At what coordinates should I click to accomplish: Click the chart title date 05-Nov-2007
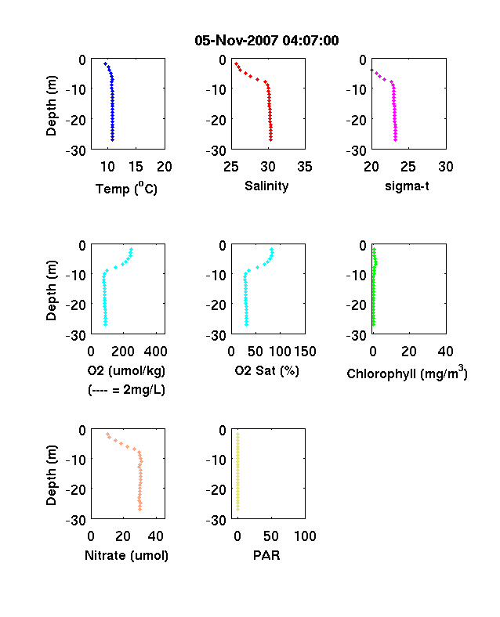237,40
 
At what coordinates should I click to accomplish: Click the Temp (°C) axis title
126,189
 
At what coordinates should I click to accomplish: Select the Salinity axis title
266,186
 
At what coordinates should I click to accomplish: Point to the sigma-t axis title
407,186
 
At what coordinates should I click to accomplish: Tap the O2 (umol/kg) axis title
126,370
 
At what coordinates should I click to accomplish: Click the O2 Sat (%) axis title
267,370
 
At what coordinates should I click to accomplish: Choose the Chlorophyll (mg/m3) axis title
407,373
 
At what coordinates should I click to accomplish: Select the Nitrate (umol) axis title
126,555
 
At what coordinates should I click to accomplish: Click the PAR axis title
266,555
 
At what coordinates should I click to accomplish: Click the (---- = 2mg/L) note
126,390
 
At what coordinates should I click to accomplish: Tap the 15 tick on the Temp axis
136,167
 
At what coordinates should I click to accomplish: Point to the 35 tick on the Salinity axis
305,167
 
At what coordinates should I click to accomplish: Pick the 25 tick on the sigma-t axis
408,167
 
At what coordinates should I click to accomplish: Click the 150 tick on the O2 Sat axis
305,351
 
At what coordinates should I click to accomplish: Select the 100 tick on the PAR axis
305,536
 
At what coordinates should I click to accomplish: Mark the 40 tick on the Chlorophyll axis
446,351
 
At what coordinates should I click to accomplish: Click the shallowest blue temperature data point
105,63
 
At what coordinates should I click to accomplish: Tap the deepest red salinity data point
271,139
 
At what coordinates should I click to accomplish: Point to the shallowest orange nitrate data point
107,434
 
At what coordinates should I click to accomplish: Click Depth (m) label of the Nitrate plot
51,475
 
